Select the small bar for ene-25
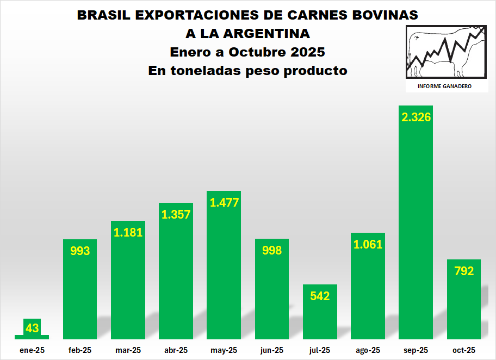(x=32, y=337)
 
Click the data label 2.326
(x=416, y=117)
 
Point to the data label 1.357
(x=176, y=214)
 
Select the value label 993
(x=80, y=251)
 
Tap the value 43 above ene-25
(x=32, y=328)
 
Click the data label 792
(x=464, y=271)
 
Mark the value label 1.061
(x=368, y=244)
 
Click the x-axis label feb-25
(x=80, y=350)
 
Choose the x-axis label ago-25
(x=368, y=350)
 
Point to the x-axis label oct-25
(x=464, y=350)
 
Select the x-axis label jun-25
(x=272, y=350)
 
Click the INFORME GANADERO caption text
(x=444, y=86)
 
